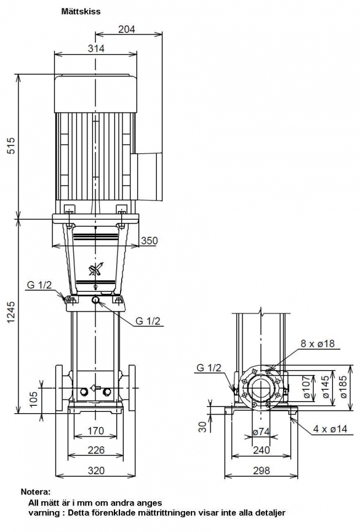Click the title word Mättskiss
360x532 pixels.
[81, 11]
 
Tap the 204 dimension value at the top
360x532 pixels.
[126, 29]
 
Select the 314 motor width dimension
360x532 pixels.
[96, 49]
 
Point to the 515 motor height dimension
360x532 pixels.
[12, 145]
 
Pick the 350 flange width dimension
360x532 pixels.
[149, 241]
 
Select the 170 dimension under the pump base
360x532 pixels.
[95, 431]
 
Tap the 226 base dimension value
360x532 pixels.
[96, 450]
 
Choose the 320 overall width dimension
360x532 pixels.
[96, 470]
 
